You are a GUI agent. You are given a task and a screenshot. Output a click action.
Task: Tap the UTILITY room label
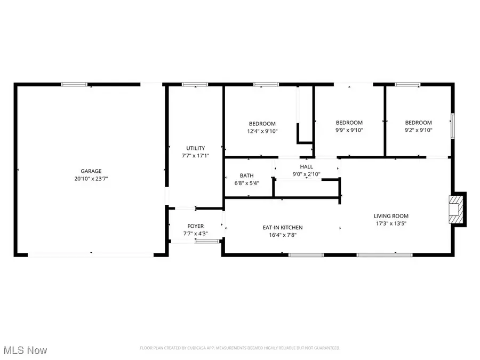point(195,148)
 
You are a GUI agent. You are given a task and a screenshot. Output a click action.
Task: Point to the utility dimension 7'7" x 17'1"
point(195,156)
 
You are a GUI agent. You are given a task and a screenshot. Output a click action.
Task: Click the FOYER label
point(195,226)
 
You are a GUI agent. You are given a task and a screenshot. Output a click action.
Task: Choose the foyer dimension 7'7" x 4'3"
point(195,234)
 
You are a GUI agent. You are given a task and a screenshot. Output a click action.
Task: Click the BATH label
point(246,175)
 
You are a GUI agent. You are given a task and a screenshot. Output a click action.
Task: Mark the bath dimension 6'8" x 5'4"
point(246,183)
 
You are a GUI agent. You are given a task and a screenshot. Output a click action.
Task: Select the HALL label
point(306,167)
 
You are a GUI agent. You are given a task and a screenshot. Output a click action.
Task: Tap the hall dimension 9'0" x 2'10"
point(306,174)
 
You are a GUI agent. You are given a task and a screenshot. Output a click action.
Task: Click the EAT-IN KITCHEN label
point(282,228)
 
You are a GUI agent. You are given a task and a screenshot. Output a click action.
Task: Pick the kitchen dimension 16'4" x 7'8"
point(282,235)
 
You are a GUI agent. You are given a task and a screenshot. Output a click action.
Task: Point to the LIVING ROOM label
point(390,216)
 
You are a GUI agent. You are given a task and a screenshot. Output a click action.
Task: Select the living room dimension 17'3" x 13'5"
point(390,223)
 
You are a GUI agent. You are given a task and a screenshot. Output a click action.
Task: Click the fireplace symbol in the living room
point(457,209)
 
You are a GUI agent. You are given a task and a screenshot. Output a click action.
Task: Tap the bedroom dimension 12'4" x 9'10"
point(261,131)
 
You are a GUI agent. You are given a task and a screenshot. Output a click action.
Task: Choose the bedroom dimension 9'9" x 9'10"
point(349,130)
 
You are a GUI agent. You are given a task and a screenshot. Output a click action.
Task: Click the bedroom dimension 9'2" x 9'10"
point(418,130)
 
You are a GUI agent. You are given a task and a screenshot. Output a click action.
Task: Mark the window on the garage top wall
point(74,84)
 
